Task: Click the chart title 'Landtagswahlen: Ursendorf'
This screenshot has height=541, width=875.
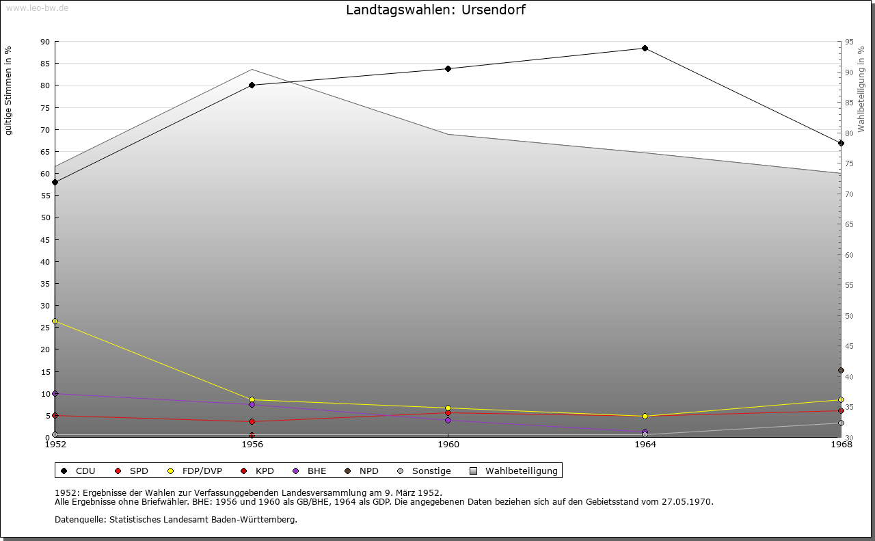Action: [435, 10]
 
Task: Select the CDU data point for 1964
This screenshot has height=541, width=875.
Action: [645, 48]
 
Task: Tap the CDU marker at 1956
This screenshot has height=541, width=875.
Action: [252, 85]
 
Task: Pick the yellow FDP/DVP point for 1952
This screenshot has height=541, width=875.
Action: [55, 321]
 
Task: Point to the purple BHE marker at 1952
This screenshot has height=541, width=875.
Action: [55, 393]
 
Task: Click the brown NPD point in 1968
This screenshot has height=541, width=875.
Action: [841, 371]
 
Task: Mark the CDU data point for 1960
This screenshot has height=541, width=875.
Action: [448, 68]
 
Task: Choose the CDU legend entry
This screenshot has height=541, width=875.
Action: [79, 471]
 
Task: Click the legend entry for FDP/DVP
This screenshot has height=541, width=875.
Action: [195, 471]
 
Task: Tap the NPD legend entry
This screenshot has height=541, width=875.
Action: [362, 471]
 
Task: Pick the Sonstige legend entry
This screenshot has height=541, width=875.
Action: [424, 471]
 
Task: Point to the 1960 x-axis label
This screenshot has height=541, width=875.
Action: [448, 445]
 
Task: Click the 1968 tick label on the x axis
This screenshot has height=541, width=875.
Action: [841, 445]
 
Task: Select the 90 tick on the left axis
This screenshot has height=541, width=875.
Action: [44, 42]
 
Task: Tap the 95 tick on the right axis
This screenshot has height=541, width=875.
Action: [849, 42]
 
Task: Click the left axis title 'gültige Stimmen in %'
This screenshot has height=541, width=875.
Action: [9, 90]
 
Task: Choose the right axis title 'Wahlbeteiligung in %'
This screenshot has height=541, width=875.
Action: [861, 89]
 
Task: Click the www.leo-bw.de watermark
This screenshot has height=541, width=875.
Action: [36, 8]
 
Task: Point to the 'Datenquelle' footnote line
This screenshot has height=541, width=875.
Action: [176, 519]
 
